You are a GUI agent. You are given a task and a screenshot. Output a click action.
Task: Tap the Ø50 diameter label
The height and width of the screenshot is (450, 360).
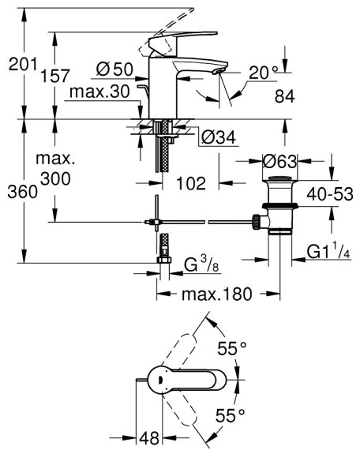[114, 69]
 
